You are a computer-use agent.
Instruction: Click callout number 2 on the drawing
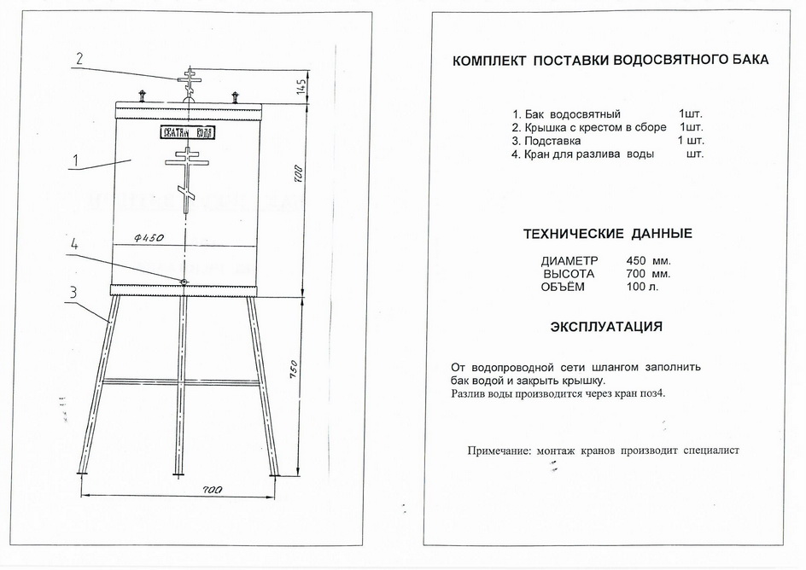pyautogui.click(x=79, y=59)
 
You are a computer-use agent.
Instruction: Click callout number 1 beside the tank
pyautogui.click(x=75, y=160)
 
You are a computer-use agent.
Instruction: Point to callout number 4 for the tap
pyautogui.click(x=74, y=244)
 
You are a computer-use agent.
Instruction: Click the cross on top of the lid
pyautogui.click(x=187, y=81)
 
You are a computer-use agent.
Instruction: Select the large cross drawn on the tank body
pyautogui.click(x=186, y=177)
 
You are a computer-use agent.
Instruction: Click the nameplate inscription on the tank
pyautogui.click(x=187, y=132)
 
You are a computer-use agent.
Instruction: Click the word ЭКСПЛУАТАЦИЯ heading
pyautogui.click(x=606, y=327)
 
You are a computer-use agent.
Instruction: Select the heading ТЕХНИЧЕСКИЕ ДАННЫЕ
pyautogui.click(x=607, y=234)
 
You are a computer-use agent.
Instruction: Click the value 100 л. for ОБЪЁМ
pyautogui.click(x=643, y=287)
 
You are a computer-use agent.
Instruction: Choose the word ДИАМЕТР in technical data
pyautogui.click(x=569, y=260)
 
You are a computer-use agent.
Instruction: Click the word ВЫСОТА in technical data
pyautogui.click(x=569, y=274)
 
